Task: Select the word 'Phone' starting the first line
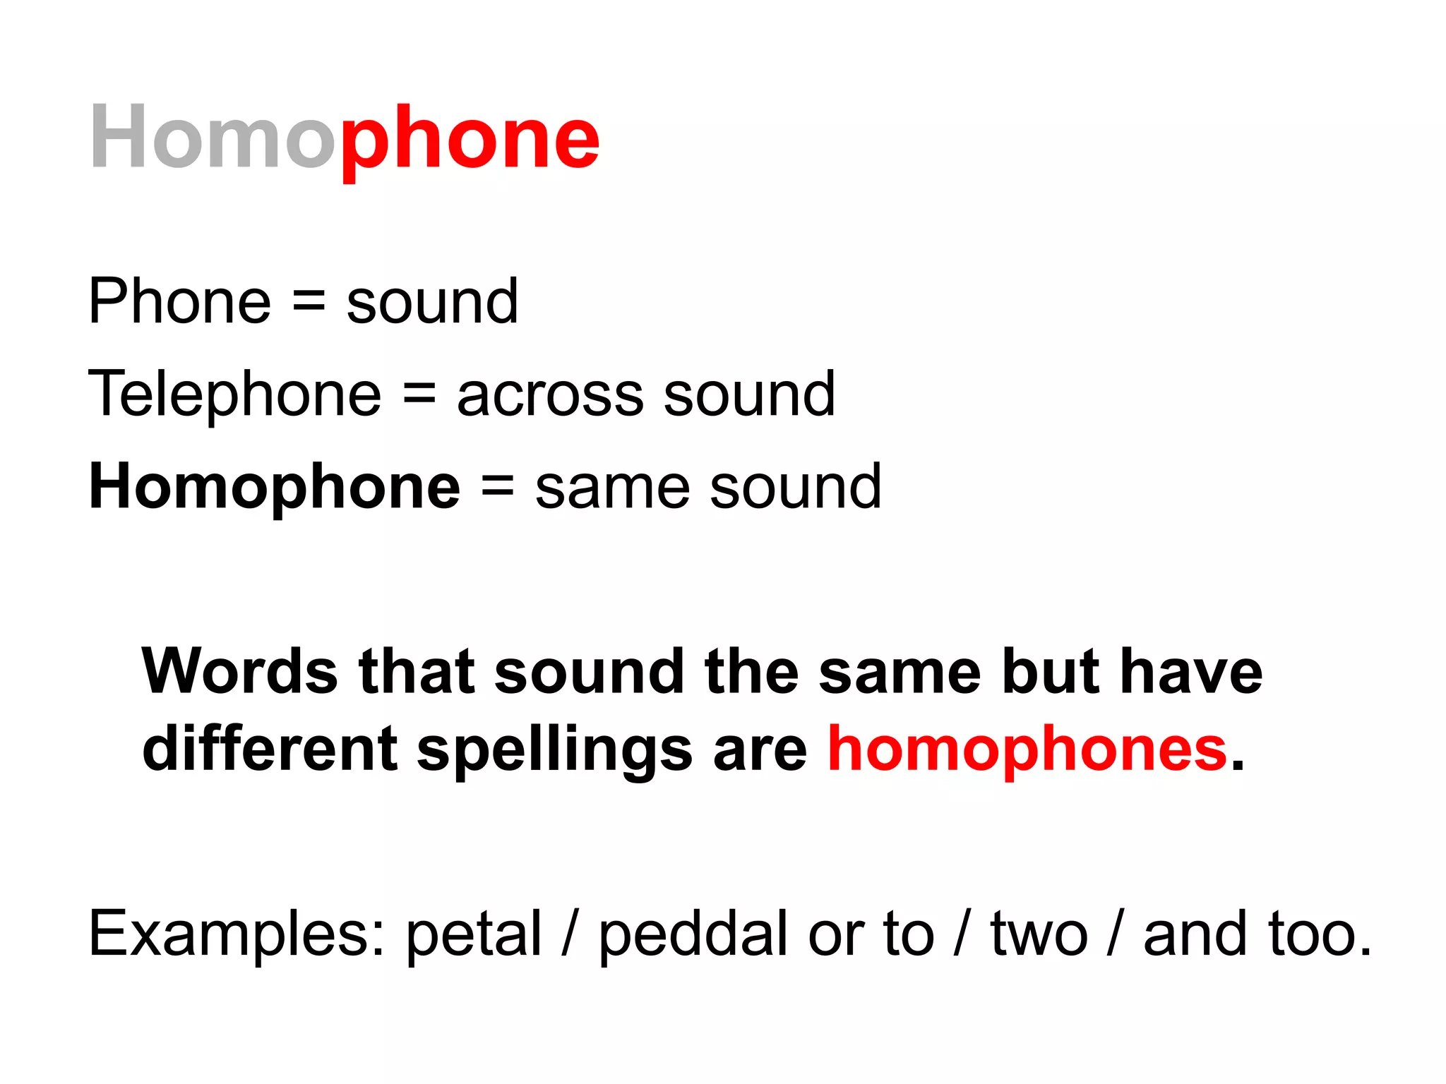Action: pyautogui.click(x=179, y=302)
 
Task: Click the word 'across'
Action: pyautogui.click(x=550, y=395)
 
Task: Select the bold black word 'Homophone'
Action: pyautogui.click(x=275, y=487)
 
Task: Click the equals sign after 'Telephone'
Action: pyautogui.click(x=419, y=394)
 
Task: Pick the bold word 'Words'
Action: pyautogui.click(x=240, y=672)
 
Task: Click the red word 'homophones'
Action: pyautogui.click(x=1028, y=749)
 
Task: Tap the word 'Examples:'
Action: pyautogui.click(x=237, y=934)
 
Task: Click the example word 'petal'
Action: pyautogui.click(x=474, y=934)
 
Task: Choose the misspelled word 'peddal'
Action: pyautogui.click(x=693, y=934)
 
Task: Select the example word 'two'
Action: pyautogui.click(x=1039, y=934)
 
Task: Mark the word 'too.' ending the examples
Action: pyautogui.click(x=1320, y=934)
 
